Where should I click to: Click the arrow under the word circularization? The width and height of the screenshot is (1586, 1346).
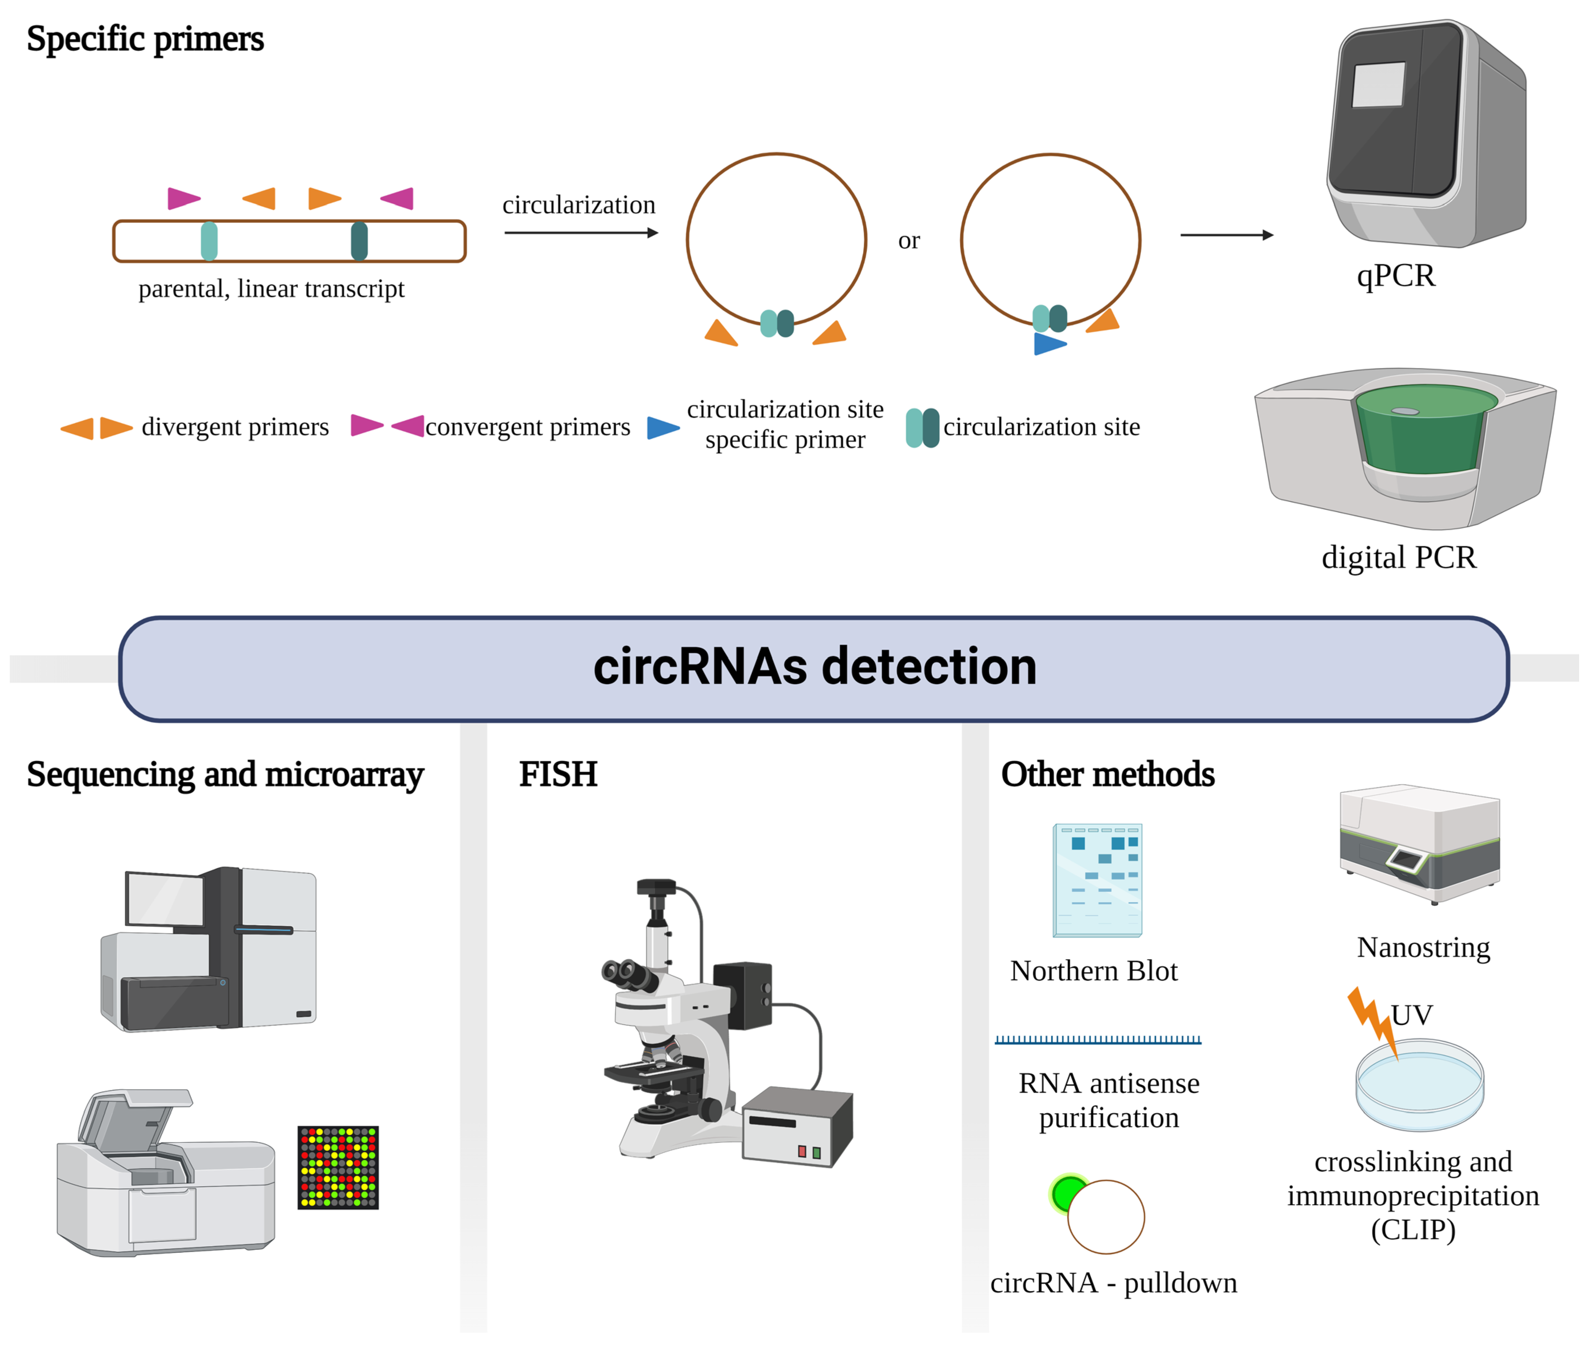(x=580, y=233)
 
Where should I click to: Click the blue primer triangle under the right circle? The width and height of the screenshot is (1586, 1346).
(x=1048, y=344)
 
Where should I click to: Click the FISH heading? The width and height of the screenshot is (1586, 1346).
(x=558, y=774)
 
